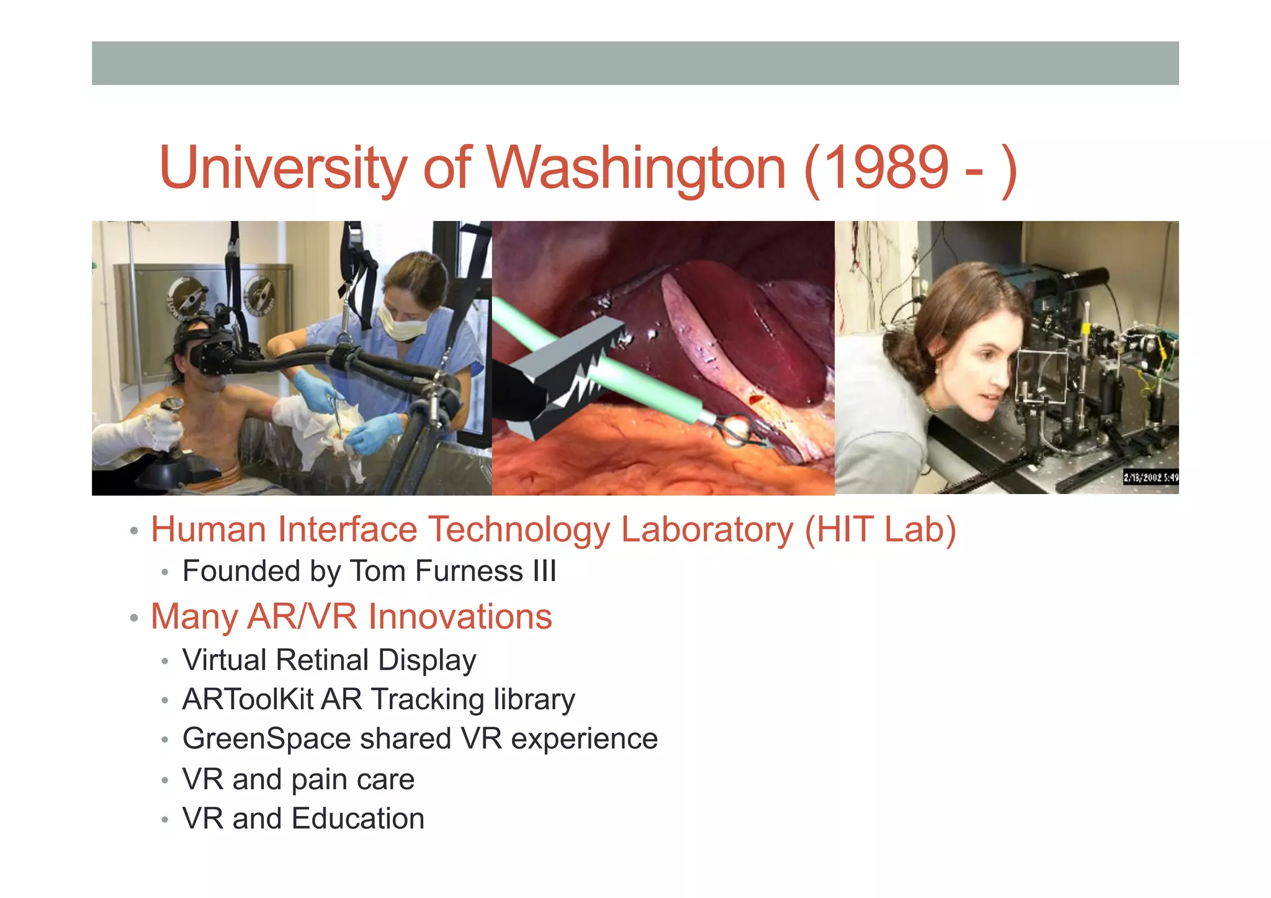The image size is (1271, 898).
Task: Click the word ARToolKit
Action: (x=247, y=699)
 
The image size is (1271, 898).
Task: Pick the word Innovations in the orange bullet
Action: (x=460, y=617)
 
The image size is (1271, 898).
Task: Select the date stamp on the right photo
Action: (x=1150, y=477)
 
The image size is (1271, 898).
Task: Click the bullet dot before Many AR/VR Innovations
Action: (x=133, y=618)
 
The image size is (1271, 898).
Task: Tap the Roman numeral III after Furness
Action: (x=544, y=571)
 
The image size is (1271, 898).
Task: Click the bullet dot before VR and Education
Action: (x=164, y=820)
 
